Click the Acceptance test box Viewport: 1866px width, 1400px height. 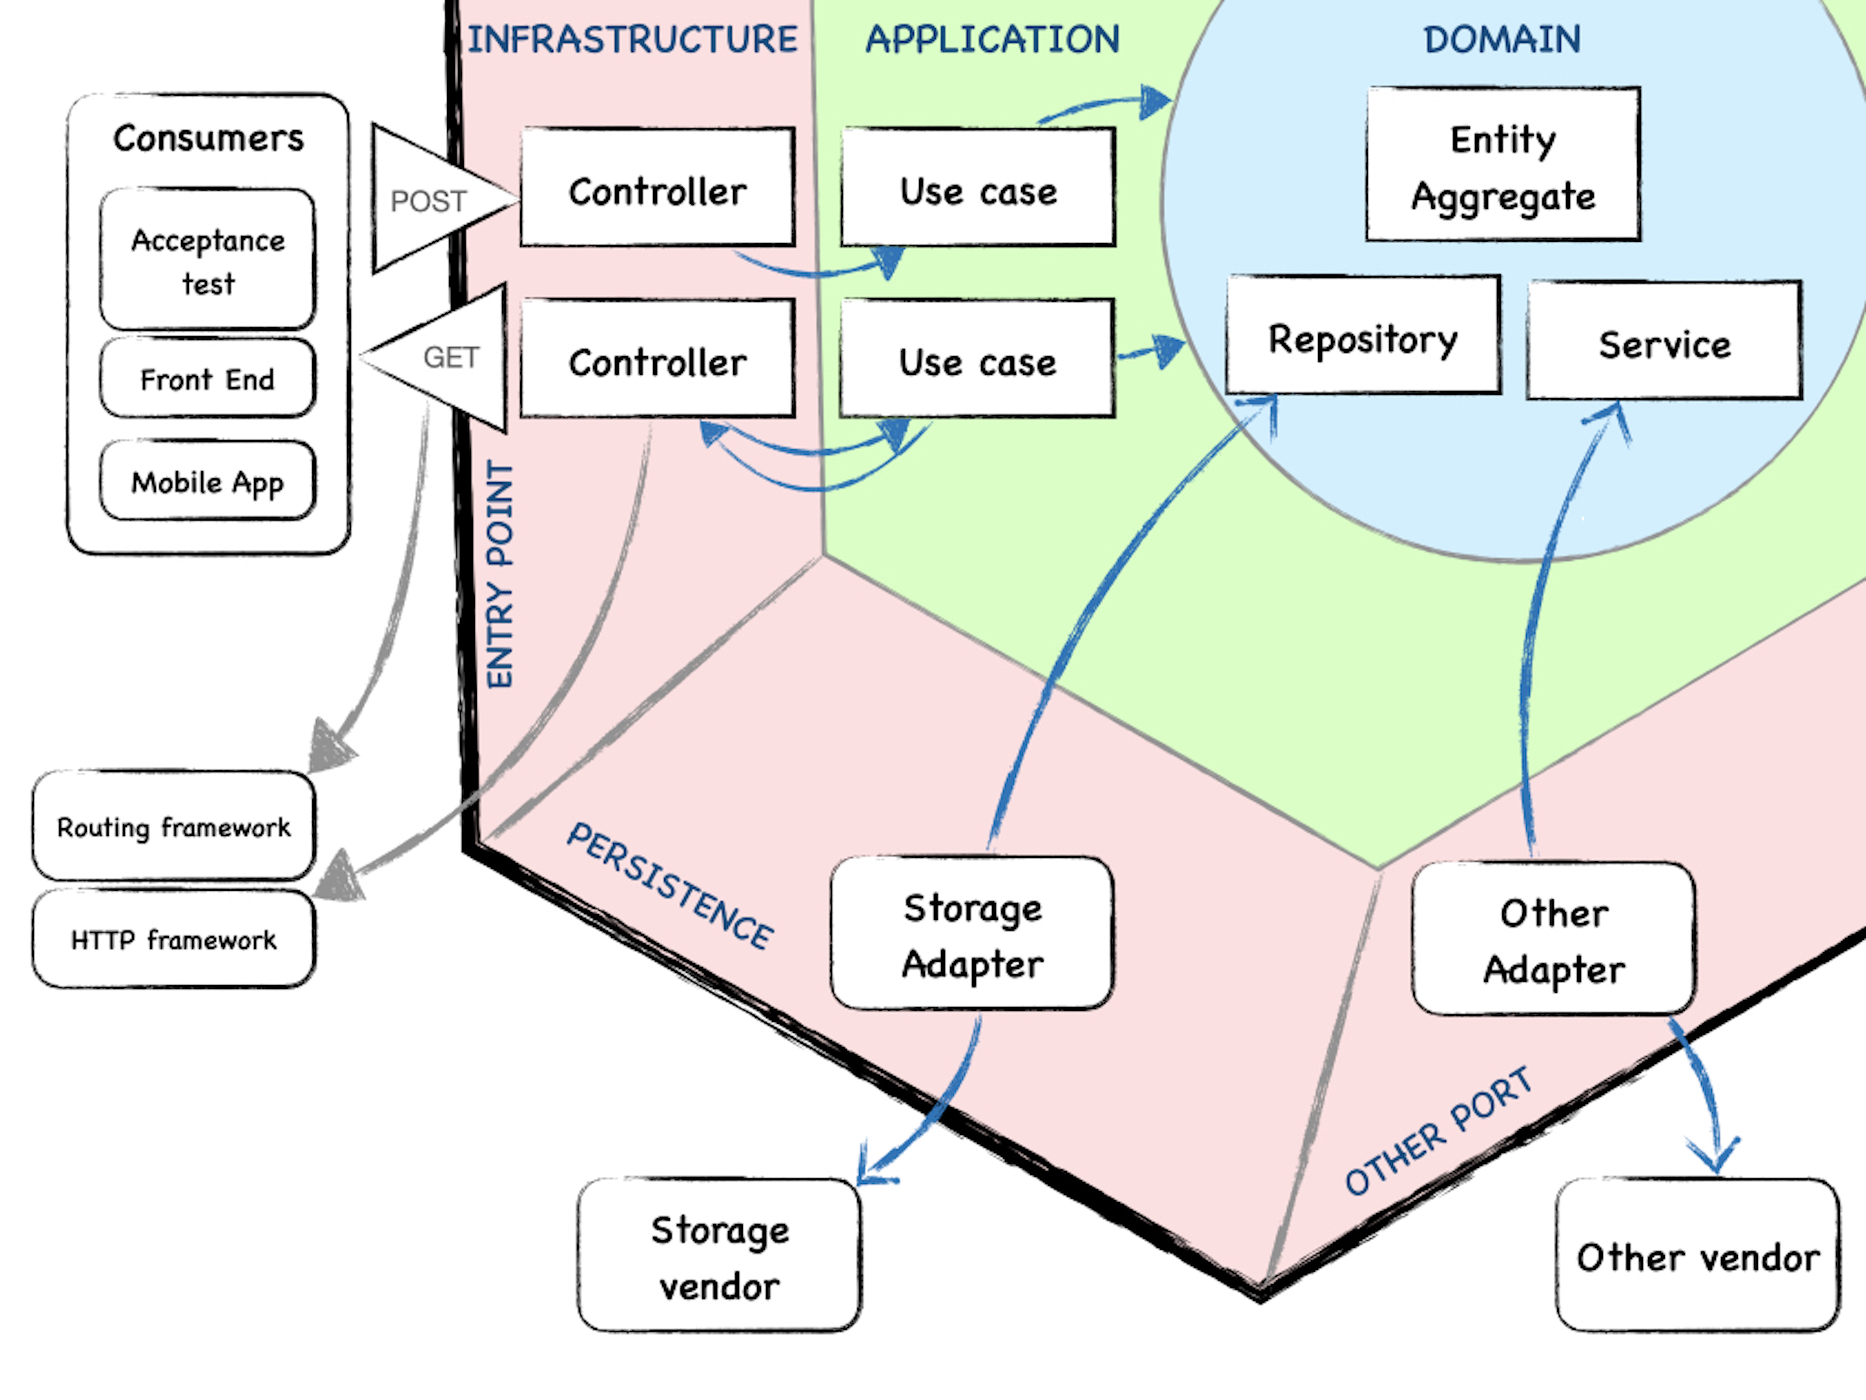click(x=208, y=259)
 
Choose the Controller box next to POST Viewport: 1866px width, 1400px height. click(x=657, y=187)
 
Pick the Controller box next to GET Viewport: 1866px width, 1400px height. click(x=657, y=359)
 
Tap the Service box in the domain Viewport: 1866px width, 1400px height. click(x=1664, y=340)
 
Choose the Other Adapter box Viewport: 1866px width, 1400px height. click(x=1554, y=938)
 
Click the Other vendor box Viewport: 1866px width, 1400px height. click(x=1697, y=1256)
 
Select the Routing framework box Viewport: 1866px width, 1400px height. click(x=174, y=826)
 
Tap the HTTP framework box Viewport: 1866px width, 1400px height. click(x=174, y=938)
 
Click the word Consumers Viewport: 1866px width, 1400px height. click(x=208, y=138)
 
